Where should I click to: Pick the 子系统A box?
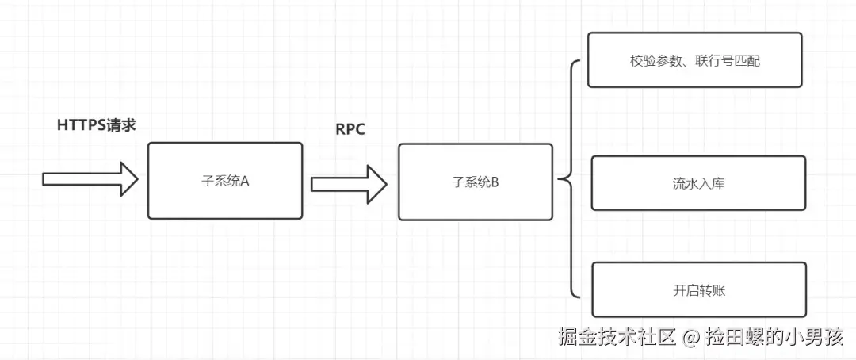225,181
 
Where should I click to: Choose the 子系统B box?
475,182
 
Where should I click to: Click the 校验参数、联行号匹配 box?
694,59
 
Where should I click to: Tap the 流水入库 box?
698,183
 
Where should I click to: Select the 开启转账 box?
698,290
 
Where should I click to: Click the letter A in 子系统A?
245,181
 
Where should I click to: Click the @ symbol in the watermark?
690,338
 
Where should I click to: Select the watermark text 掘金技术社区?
617,337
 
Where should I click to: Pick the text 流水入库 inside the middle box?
698,183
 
